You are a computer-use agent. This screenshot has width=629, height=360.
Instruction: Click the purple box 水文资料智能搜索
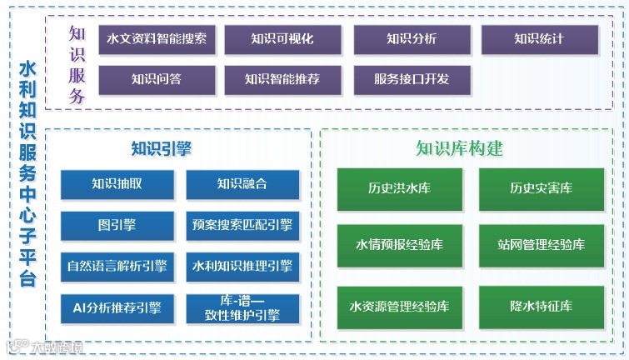pyautogui.click(x=157, y=39)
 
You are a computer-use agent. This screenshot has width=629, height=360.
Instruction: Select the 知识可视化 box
pyautogui.click(x=282, y=39)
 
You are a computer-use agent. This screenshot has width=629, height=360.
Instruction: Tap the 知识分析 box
pyautogui.click(x=412, y=39)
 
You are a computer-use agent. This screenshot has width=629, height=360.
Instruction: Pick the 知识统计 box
pyautogui.click(x=539, y=39)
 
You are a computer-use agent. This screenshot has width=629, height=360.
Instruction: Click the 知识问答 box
pyautogui.click(x=157, y=80)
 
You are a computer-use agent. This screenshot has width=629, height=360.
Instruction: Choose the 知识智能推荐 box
pyautogui.click(x=282, y=80)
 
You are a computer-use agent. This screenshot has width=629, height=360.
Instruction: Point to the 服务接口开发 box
pyautogui.click(x=412, y=80)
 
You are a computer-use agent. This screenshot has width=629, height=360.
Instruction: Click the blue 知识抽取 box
pyautogui.click(x=117, y=184)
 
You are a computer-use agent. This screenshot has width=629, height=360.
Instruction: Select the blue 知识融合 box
pyautogui.click(x=242, y=184)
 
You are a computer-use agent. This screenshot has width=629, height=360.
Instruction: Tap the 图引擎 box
pyautogui.click(x=117, y=225)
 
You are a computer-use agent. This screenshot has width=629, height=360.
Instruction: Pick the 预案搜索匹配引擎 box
pyautogui.click(x=242, y=225)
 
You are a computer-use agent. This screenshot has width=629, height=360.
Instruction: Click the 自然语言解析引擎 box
pyautogui.click(x=117, y=267)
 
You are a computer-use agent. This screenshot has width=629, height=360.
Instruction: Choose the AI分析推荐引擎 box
pyautogui.click(x=117, y=308)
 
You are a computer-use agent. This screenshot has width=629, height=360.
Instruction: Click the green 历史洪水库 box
pyautogui.click(x=399, y=189)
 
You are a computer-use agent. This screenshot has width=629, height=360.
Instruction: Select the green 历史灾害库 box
pyautogui.click(x=542, y=189)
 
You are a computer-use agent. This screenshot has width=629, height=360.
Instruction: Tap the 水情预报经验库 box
pyautogui.click(x=399, y=246)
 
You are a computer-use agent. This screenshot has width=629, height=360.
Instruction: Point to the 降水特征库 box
pyautogui.click(x=542, y=307)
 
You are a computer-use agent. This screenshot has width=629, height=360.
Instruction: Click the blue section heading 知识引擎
pyautogui.click(x=162, y=149)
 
